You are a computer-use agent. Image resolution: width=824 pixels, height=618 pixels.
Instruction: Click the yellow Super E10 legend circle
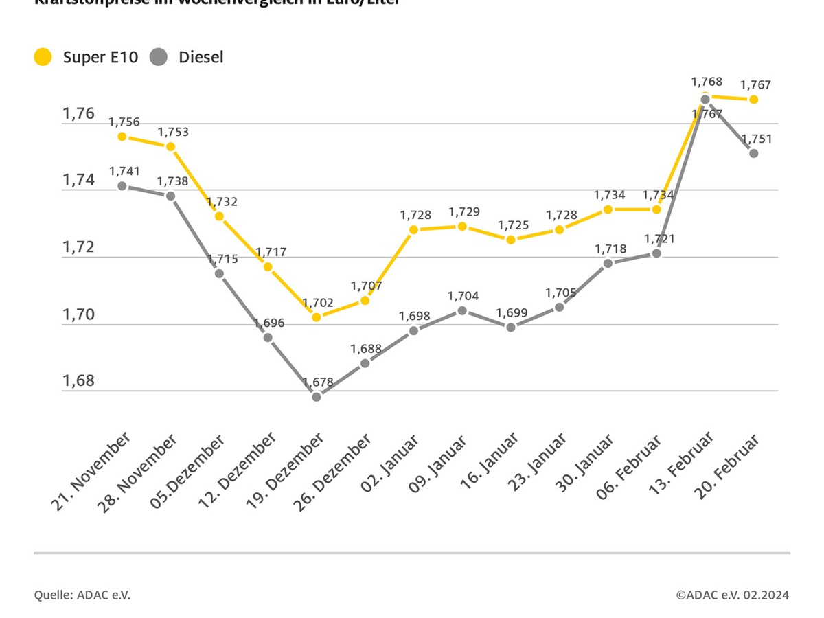[43, 57]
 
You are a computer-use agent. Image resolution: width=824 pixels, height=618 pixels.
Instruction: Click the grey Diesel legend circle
[159, 57]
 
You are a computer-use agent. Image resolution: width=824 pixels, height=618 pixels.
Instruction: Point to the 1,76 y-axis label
[79, 113]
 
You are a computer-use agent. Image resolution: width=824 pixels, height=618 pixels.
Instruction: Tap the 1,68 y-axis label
[79, 381]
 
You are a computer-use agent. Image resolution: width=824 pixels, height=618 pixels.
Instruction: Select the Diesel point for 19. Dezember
[317, 397]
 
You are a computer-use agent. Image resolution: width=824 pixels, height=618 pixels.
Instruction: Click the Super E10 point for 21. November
[122, 136]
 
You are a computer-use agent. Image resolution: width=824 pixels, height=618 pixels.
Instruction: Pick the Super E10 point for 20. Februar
[753, 100]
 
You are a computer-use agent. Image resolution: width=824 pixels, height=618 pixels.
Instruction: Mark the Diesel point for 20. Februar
[753, 153]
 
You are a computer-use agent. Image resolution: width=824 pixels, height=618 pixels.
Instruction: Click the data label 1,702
[318, 302]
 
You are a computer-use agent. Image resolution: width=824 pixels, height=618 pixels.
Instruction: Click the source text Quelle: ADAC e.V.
[82, 595]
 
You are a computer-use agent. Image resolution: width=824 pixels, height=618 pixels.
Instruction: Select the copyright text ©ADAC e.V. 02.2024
[732, 595]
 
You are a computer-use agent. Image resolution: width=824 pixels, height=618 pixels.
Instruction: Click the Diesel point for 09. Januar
[462, 310]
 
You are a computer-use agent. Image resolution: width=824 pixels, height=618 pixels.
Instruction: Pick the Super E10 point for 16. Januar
[511, 240]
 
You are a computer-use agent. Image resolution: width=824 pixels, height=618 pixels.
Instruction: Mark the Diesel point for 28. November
[171, 196]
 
